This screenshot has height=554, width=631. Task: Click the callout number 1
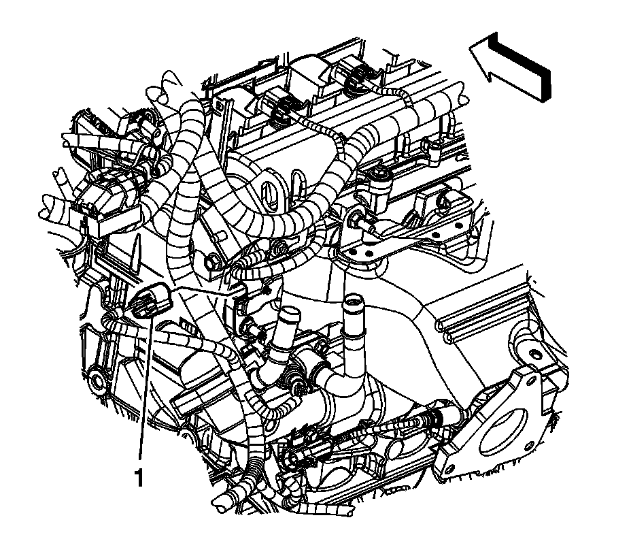click(x=139, y=478)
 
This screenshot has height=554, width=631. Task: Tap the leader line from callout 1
click(x=146, y=382)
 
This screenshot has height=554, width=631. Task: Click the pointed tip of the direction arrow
click(x=471, y=48)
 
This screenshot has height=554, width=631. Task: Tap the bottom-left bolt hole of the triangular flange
click(x=449, y=468)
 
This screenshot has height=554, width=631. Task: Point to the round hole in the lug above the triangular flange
click(x=535, y=354)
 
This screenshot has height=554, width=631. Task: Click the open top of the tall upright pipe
click(x=354, y=300)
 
